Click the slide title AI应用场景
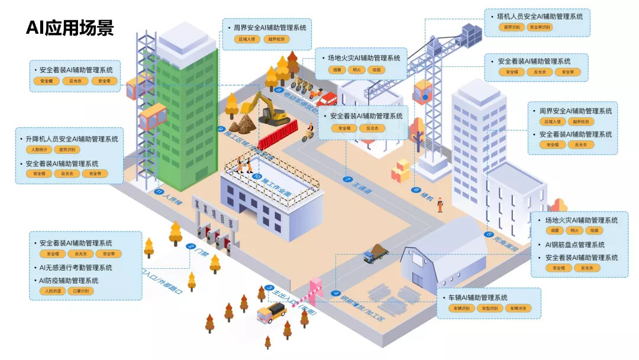69,28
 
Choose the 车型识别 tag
489,308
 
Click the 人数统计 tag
39,150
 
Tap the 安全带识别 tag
538,27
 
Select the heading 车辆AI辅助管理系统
478,297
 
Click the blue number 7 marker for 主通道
347,179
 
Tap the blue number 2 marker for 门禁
191,246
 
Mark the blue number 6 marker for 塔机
417,191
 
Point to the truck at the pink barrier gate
272,311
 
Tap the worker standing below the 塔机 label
440,205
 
